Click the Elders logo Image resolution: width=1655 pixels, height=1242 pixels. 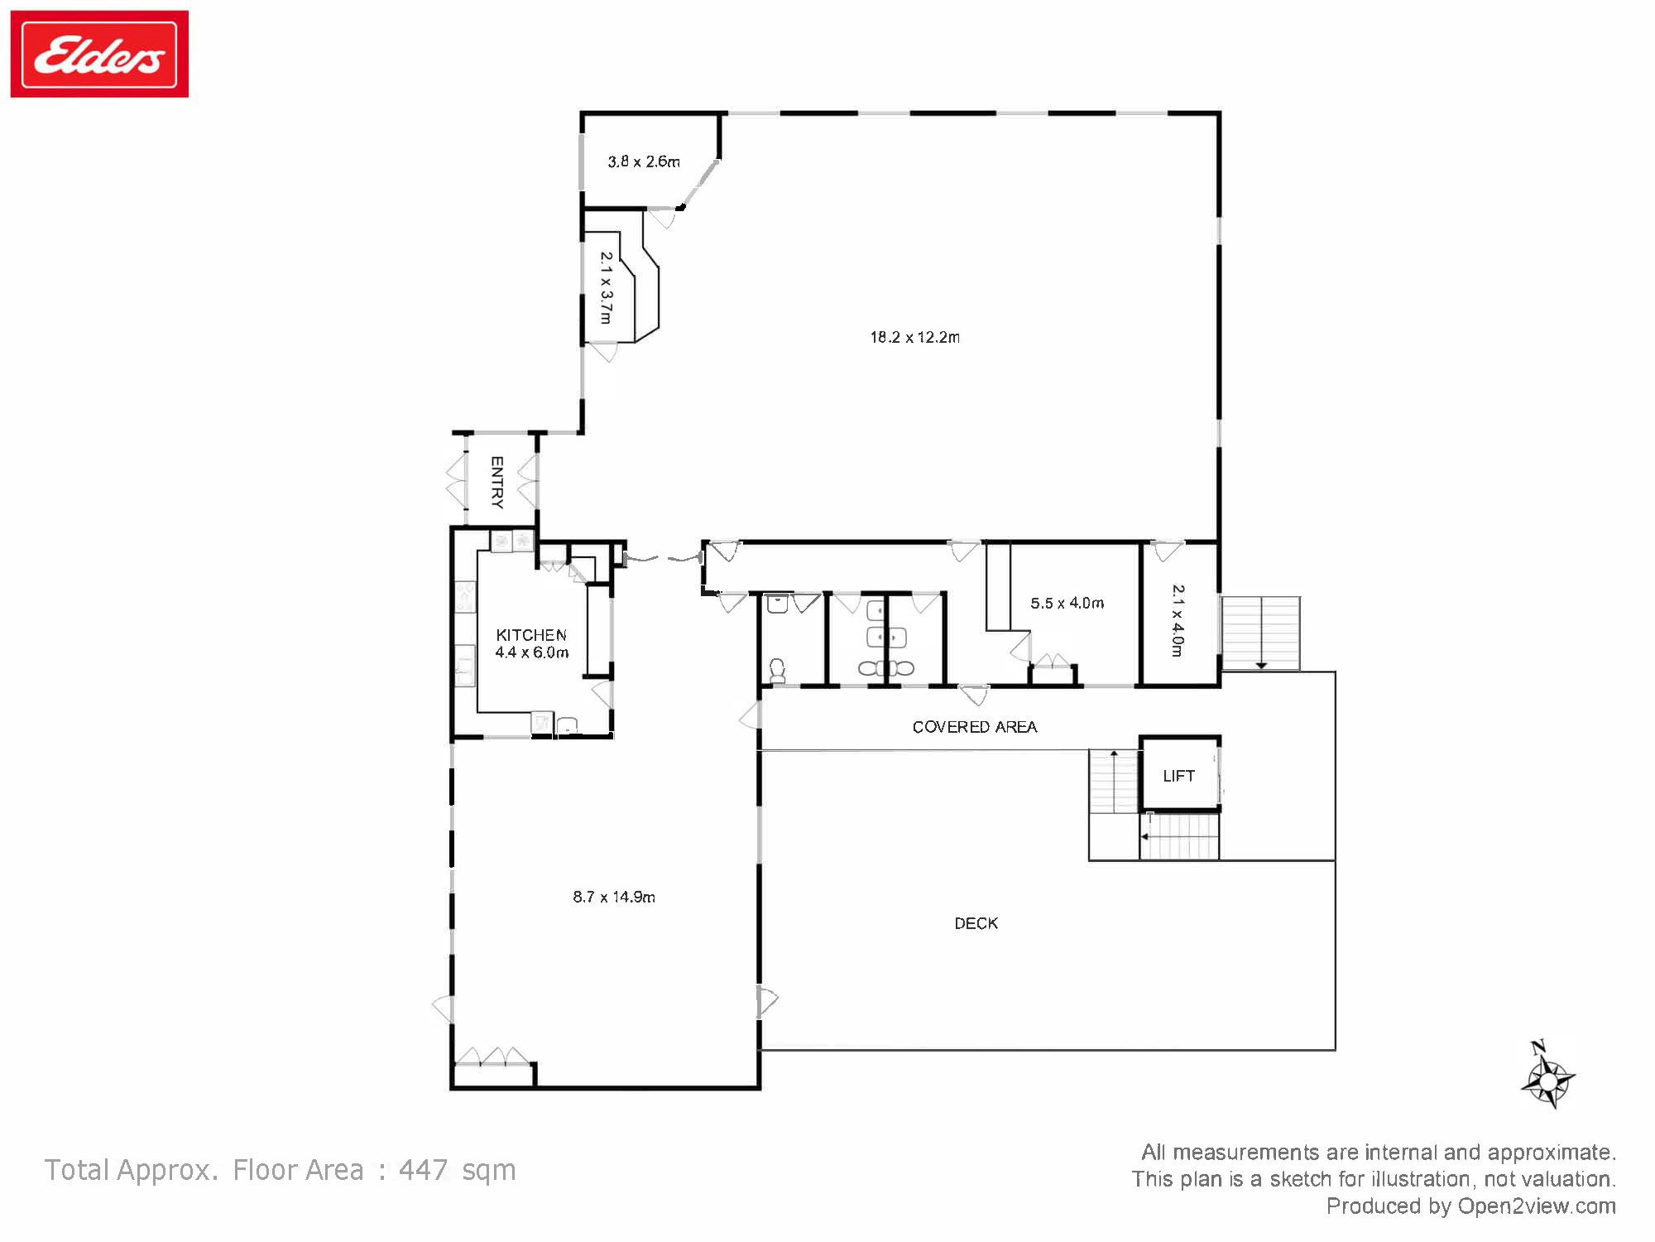(x=99, y=55)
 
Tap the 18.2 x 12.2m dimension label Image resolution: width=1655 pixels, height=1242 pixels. (x=914, y=337)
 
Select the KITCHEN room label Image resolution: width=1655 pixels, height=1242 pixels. (x=531, y=635)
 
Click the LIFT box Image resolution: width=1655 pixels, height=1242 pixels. (x=1178, y=776)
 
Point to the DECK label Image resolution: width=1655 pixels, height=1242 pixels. (x=976, y=923)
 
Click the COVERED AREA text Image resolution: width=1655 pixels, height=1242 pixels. (x=974, y=727)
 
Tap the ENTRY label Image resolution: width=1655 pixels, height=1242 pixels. (x=496, y=482)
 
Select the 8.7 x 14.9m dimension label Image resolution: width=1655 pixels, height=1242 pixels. (x=613, y=897)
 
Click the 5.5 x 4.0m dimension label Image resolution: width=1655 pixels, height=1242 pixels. (x=1067, y=603)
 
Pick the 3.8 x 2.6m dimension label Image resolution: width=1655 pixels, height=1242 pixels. (x=643, y=161)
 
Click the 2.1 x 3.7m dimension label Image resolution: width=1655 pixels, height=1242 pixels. (x=606, y=287)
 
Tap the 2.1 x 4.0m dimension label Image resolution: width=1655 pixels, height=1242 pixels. (x=1178, y=620)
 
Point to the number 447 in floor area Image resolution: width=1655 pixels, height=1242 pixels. (x=423, y=1170)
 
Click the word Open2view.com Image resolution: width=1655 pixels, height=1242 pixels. (x=1536, y=1206)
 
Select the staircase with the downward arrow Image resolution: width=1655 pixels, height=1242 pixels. (x=1259, y=633)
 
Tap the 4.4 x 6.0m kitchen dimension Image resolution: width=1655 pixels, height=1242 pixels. (x=531, y=652)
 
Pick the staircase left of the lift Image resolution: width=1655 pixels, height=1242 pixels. (x=1114, y=782)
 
